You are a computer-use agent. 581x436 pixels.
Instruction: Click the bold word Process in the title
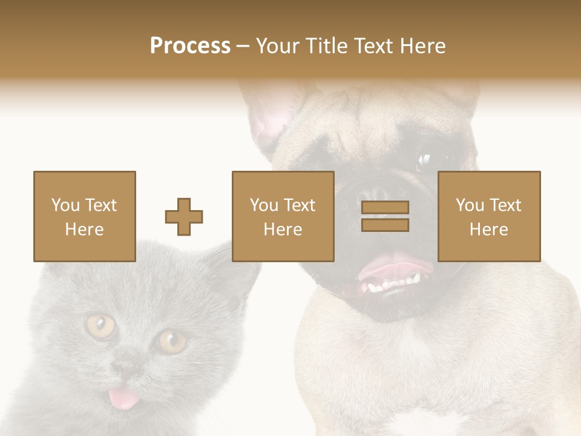[190, 46]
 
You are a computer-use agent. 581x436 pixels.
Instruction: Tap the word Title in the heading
[327, 46]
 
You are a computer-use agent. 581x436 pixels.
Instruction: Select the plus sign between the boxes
[184, 217]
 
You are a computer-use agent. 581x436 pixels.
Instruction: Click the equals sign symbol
[385, 216]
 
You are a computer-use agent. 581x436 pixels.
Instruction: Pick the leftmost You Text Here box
[85, 216]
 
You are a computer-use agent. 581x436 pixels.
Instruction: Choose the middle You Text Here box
[283, 216]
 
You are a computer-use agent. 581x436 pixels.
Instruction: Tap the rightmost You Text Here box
[489, 216]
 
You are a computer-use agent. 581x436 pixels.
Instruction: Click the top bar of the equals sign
[385, 207]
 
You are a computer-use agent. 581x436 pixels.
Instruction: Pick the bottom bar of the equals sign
[385, 225]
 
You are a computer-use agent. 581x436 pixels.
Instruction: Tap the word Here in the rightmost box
[489, 230]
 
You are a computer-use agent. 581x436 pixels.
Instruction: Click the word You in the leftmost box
[65, 205]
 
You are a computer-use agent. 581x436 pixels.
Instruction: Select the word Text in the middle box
[300, 205]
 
